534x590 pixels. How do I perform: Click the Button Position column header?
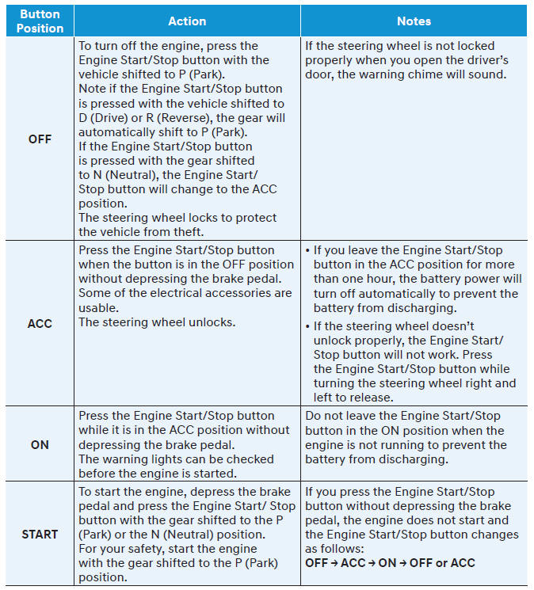40,21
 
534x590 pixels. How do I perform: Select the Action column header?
187,21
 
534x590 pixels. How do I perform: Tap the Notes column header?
414,21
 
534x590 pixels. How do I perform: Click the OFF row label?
40,139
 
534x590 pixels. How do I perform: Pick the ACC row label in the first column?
40,324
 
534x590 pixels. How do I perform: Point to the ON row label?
40,445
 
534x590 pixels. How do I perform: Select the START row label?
40,534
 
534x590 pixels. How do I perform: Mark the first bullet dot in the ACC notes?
307,250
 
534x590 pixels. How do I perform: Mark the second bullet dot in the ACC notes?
307,326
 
